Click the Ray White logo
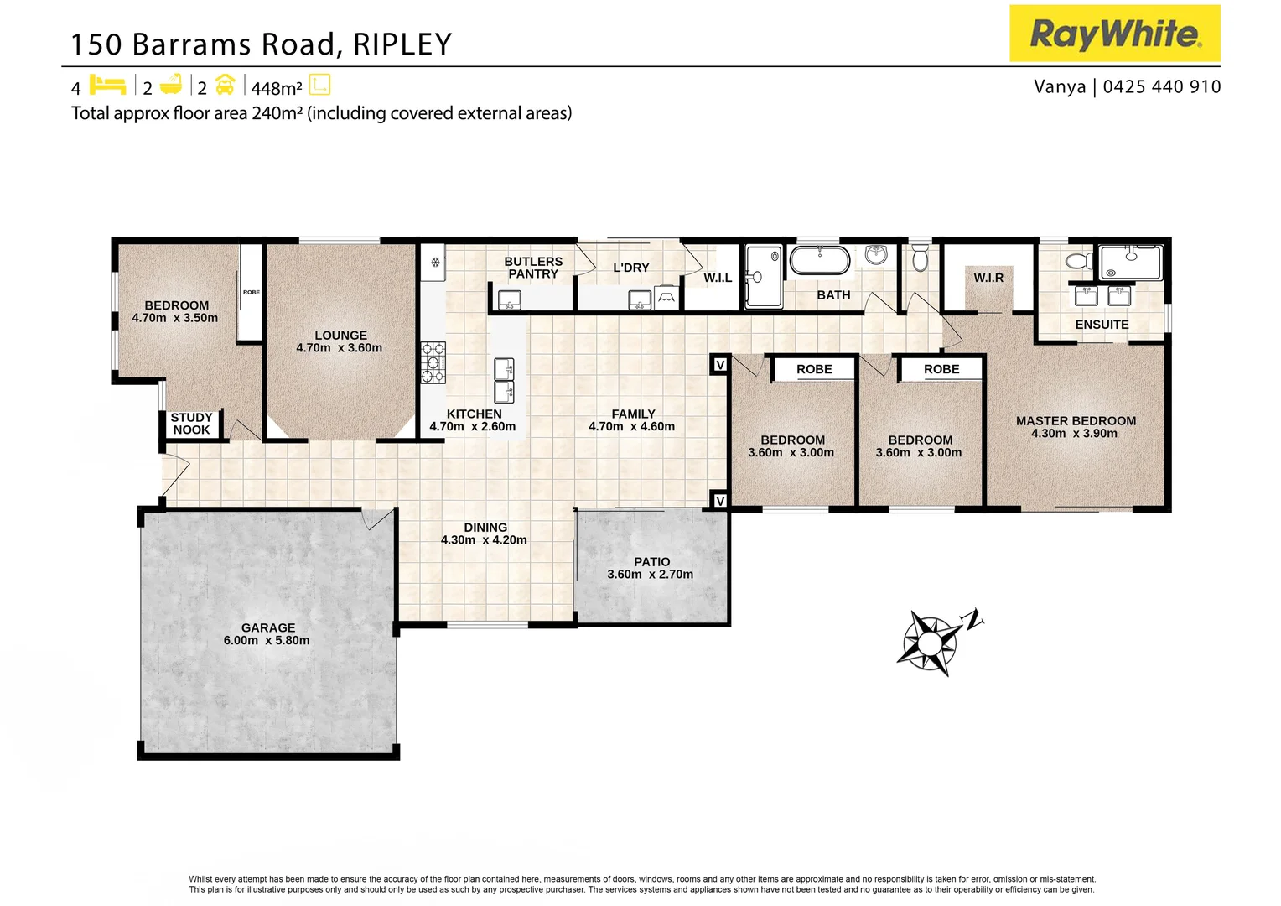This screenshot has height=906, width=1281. pos(1114,34)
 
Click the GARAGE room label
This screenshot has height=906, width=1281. pos(268,627)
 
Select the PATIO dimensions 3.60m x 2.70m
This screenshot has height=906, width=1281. pos(651,575)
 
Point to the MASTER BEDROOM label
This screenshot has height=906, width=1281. pos(1076,421)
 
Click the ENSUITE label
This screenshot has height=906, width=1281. pos(1102,325)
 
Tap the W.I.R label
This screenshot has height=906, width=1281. pos(988,278)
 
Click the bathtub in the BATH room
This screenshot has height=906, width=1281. pos(820,260)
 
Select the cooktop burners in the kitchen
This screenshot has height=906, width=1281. pos(433,362)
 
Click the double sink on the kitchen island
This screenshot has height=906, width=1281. pos(504,380)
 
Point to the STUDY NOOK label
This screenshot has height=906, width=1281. pos(191,424)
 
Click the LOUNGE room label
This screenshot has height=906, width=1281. pos(340,335)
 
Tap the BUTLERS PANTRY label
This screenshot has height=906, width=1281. pos(533,268)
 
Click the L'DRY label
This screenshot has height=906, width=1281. pos(631,268)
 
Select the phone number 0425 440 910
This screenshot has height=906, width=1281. pos(1162,87)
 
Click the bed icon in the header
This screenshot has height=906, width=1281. pos(107,86)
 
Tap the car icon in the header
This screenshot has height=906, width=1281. pos(225,85)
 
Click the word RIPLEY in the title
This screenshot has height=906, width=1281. pos(402,44)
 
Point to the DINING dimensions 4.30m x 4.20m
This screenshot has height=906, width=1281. pos(484,540)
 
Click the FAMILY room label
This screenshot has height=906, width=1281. pos(633,414)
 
